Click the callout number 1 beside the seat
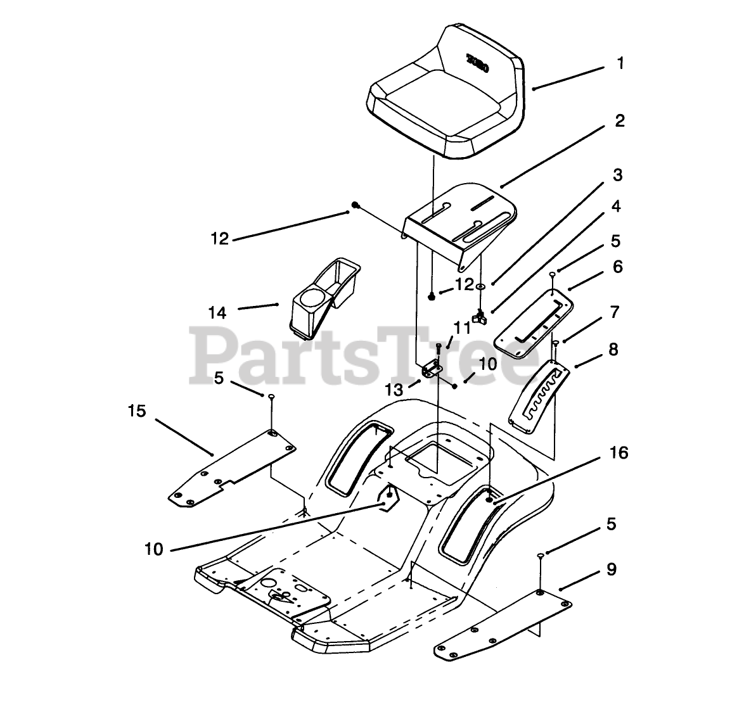click(x=620, y=63)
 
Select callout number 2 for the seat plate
click(x=619, y=120)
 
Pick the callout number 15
click(x=136, y=412)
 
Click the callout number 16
click(x=619, y=453)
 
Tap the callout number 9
click(x=611, y=569)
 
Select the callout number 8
click(x=612, y=349)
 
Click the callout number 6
click(x=617, y=267)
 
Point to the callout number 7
click(x=613, y=312)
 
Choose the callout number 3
click(x=617, y=175)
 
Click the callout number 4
click(x=615, y=207)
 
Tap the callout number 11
click(x=462, y=328)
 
